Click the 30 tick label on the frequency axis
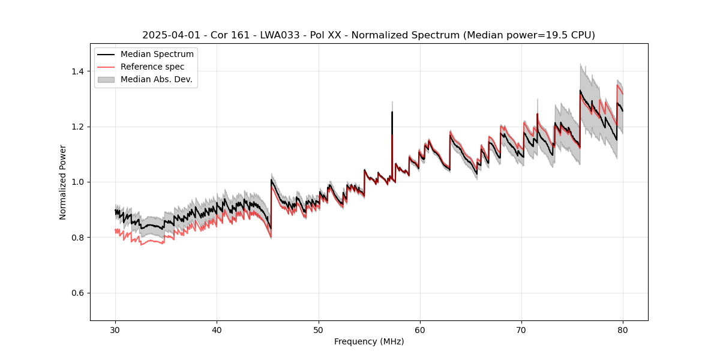pyautogui.click(x=116, y=330)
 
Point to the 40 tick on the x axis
pyautogui.click(x=217, y=330)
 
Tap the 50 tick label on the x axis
pyautogui.click(x=319, y=330)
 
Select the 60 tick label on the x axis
pyautogui.click(x=420, y=330)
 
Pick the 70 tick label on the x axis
pyautogui.click(x=521, y=330)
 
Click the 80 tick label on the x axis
pyautogui.click(x=623, y=330)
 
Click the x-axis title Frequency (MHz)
pyautogui.click(x=369, y=341)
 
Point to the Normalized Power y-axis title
pyautogui.click(x=63, y=182)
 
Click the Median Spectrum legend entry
pyautogui.click(x=157, y=55)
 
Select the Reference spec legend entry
pyautogui.click(x=152, y=67)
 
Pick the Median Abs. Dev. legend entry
pyautogui.click(x=156, y=79)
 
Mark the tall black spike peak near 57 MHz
pyautogui.click(x=392, y=112)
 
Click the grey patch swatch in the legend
pyautogui.click(x=107, y=79)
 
